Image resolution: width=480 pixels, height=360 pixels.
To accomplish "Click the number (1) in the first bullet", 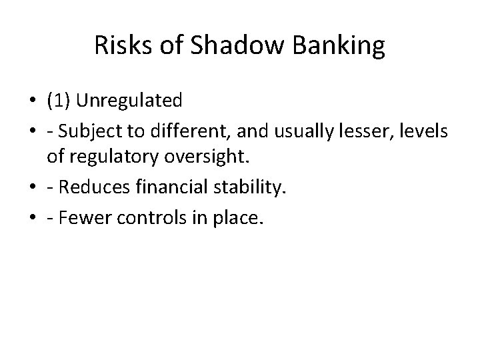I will pyautogui.click(x=60, y=101).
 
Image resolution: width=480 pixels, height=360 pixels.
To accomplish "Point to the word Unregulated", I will pyautogui.click(x=129, y=101).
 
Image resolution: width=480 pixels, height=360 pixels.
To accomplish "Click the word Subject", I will pyautogui.click(x=90, y=131).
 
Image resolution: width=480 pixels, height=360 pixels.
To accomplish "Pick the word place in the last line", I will pyautogui.click(x=229, y=219).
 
